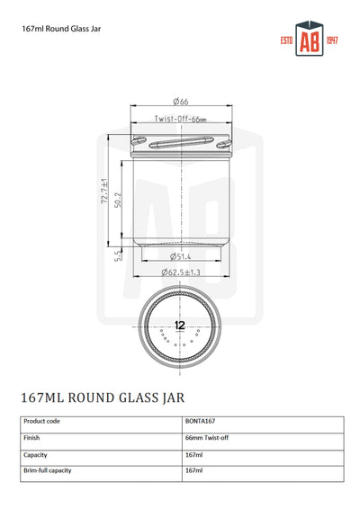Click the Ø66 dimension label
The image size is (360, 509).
pyautogui.click(x=180, y=103)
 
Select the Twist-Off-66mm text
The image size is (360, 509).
pyautogui.click(x=180, y=120)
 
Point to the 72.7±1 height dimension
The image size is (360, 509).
pyautogui.click(x=104, y=191)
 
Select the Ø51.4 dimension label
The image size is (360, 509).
pyautogui.click(x=180, y=256)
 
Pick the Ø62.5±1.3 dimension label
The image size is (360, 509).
pyautogui.click(x=180, y=271)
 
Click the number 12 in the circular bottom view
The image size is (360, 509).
pyautogui.click(x=180, y=325)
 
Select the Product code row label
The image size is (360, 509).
pyautogui.click(x=42, y=420)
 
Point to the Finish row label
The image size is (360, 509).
pyautogui.click(x=32, y=437)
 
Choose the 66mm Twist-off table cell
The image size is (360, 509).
pyautogui.click(x=208, y=437)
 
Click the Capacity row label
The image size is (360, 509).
pyautogui.click(x=36, y=455)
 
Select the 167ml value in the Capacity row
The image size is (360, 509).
pyautogui.click(x=195, y=455)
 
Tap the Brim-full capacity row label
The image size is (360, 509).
pyautogui.click(x=49, y=470)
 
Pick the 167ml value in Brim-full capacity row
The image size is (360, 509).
pyautogui.click(x=195, y=470)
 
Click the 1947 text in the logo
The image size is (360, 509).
pyautogui.click(x=330, y=42)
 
